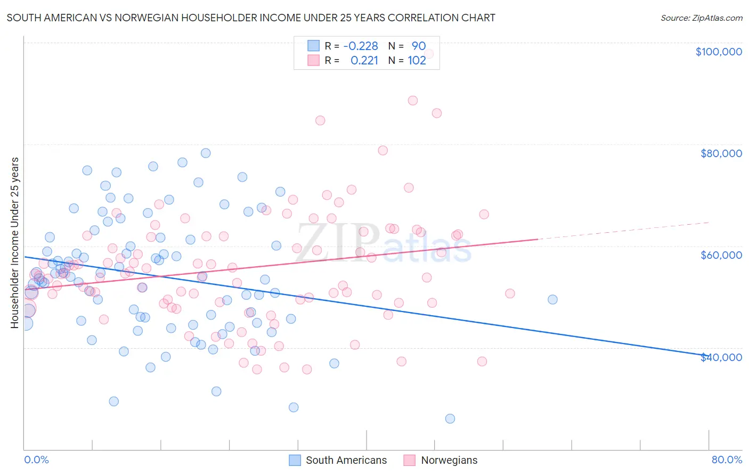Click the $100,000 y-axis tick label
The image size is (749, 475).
point(718,52)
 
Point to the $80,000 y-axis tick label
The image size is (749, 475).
point(721,153)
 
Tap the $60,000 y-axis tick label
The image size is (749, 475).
point(721,255)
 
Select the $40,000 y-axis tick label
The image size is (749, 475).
point(721,357)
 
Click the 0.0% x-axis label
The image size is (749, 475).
point(36,460)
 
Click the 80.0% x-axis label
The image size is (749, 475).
point(727,460)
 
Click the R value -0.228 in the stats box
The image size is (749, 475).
point(361,46)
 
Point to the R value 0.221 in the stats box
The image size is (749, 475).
point(364,61)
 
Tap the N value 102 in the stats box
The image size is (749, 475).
point(417,61)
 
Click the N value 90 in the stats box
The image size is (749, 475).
point(418,46)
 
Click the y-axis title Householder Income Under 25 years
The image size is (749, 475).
point(15,242)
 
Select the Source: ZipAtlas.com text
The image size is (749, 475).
point(701,18)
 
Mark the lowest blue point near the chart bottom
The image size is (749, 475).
point(450,419)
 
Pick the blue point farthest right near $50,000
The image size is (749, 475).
point(552,299)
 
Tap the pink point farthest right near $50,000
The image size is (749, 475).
point(510,293)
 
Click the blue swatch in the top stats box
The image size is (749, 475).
point(313,46)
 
